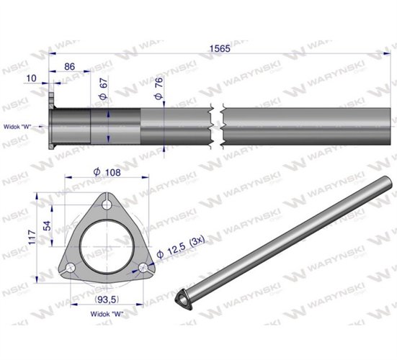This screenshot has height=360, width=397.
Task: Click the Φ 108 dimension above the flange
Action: point(107,173)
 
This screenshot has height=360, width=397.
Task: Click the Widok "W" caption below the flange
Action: point(106,314)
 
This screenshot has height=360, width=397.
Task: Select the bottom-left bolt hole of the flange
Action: point(70,268)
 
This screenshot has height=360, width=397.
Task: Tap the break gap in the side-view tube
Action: point(218,125)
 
